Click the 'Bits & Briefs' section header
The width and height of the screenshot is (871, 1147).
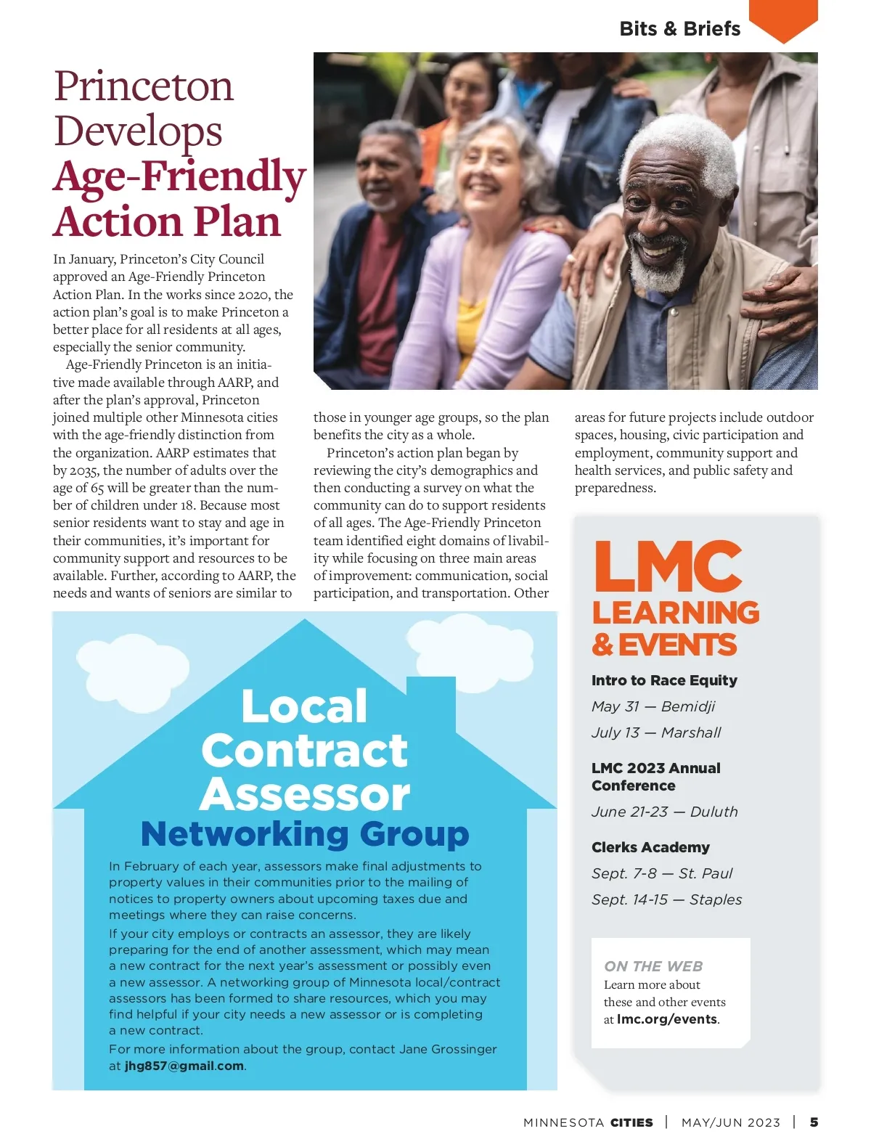pos(679,29)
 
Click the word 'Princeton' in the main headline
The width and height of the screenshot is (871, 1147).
pos(144,86)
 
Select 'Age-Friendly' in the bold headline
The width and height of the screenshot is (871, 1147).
pos(179,176)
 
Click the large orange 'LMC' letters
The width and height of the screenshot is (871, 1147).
pos(668,567)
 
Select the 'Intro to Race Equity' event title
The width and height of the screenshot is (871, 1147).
pos(664,680)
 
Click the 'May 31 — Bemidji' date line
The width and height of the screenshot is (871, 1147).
pos(653,706)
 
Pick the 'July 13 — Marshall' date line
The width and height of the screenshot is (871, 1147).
pos(656,732)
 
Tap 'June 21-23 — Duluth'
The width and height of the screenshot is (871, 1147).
pos(664,812)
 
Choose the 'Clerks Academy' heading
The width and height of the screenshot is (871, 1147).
pos(650,847)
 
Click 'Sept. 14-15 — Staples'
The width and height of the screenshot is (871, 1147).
pos(666,899)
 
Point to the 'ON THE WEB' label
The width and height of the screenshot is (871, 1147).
pos(653,966)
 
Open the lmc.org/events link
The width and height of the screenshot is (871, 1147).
pos(667,1019)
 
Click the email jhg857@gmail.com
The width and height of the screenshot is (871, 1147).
pos(184,1066)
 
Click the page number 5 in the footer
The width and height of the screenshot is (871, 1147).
pos(814,1122)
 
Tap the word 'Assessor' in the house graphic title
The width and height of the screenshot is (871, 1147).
pos(305,793)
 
